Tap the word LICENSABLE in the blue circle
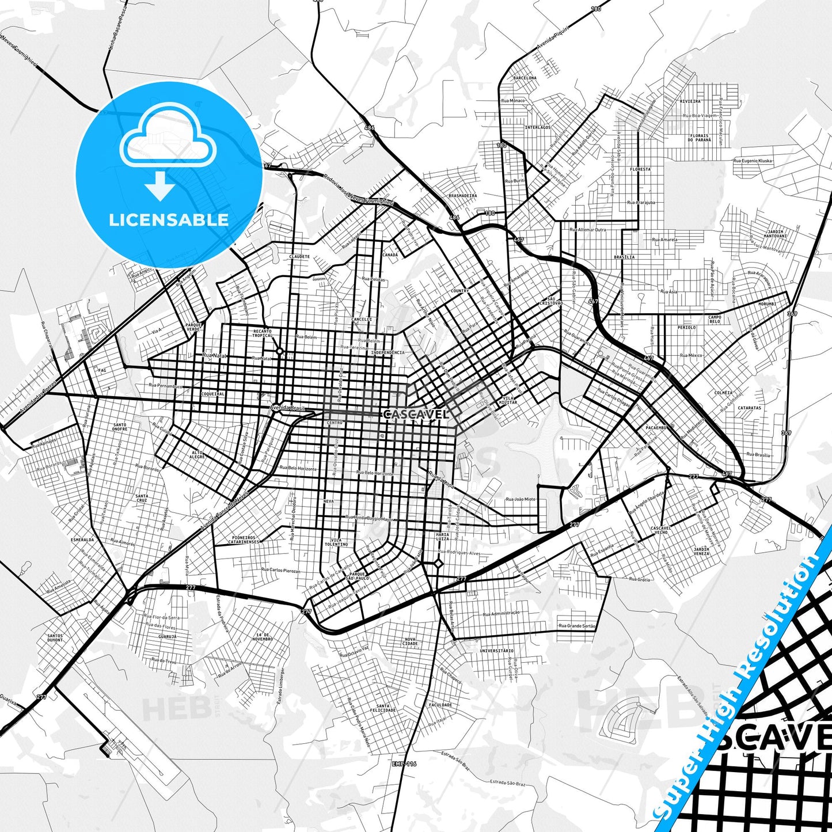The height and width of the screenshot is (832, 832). click(x=169, y=219)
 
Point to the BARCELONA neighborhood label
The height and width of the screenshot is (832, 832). click(x=525, y=78)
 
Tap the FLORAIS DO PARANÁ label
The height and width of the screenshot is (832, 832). click(x=700, y=138)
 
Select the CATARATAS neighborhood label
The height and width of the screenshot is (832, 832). click(x=749, y=408)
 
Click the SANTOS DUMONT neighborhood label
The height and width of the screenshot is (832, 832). click(x=55, y=638)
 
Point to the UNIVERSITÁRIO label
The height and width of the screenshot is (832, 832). click(x=496, y=651)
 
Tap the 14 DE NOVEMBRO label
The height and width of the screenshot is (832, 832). click(x=262, y=636)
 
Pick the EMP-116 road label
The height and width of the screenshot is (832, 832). click(x=404, y=764)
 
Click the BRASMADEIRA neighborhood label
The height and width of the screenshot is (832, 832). click(x=463, y=196)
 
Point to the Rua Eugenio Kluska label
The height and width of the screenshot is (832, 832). click(x=753, y=161)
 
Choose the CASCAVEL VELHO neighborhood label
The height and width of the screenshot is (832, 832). click(x=660, y=530)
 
